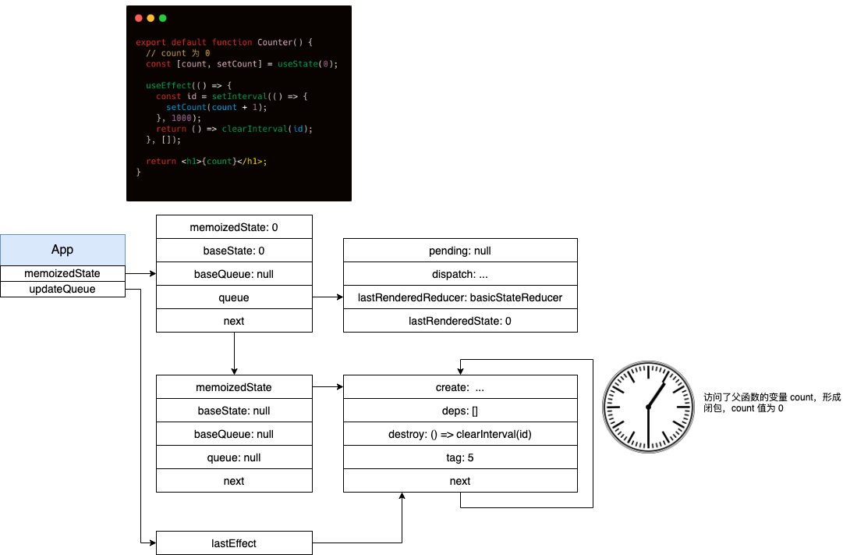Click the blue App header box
tap(62, 250)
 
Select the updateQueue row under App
tap(62, 289)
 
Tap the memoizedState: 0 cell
tap(234, 227)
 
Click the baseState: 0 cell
tap(234, 251)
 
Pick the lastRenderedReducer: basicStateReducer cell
tap(460, 297)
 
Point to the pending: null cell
tap(460, 251)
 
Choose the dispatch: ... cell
tap(460, 274)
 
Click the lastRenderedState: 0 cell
tap(460, 321)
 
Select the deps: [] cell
tap(460, 411)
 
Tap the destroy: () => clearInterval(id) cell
tap(460, 434)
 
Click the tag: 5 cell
tap(460, 457)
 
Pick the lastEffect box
tap(234, 543)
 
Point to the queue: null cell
tap(234, 457)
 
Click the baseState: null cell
tap(234, 411)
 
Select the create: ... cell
tap(460, 387)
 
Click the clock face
tap(648, 407)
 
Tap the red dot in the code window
tap(139, 18)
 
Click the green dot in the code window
tap(163, 18)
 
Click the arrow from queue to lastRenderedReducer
tap(328, 297)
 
